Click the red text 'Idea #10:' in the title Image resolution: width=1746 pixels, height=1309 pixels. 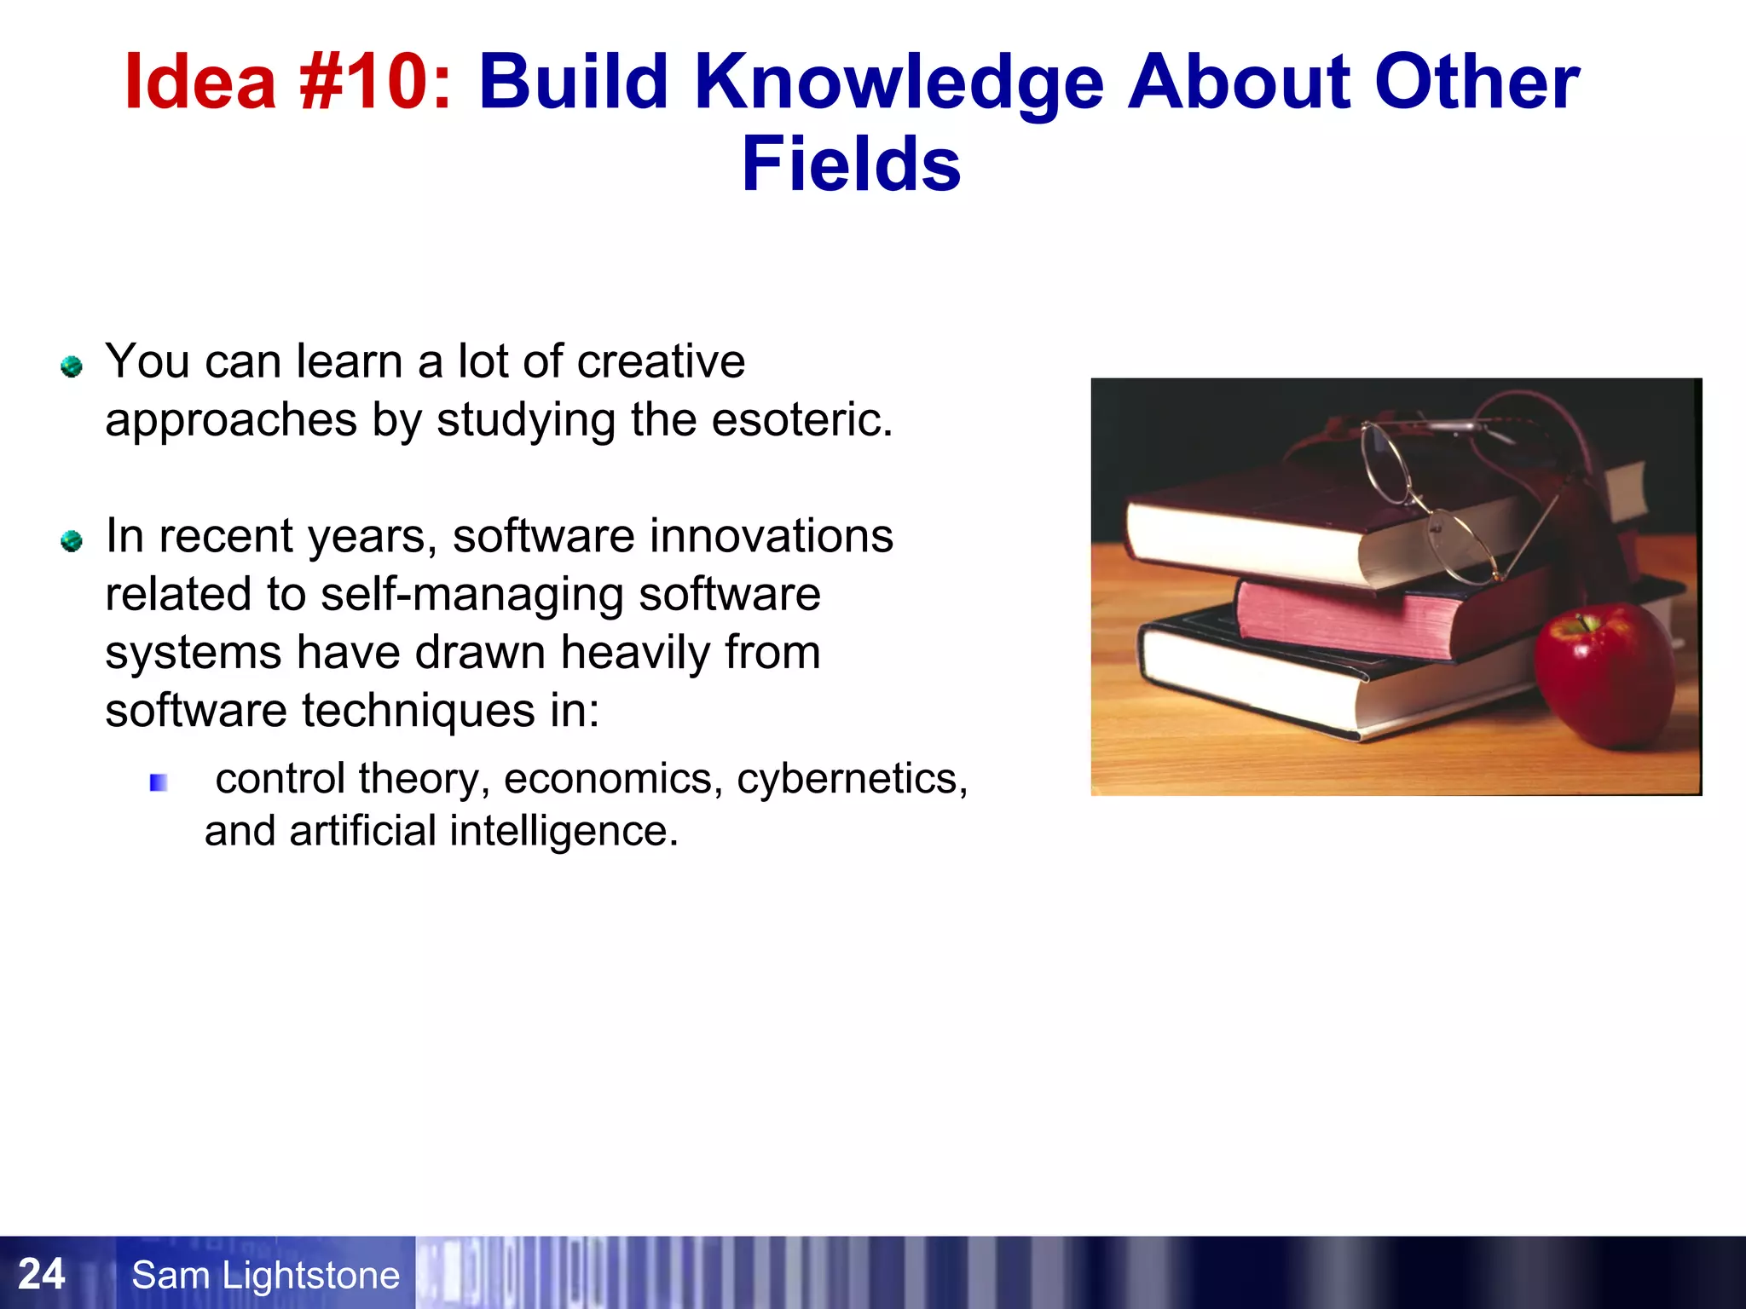[x=287, y=82]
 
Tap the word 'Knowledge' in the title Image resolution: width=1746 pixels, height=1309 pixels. [x=899, y=84]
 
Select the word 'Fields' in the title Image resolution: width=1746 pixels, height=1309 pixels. [x=851, y=164]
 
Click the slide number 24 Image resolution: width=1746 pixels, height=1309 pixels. [x=41, y=1274]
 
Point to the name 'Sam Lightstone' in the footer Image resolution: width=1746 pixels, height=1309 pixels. [x=265, y=1275]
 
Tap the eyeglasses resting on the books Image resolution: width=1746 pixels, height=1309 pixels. [x=1441, y=494]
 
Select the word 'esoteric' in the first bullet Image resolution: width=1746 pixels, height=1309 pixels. [x=801, y=419]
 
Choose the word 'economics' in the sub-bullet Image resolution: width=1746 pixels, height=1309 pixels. [x=608, y=778]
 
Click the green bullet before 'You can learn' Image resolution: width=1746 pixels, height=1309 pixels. [x=72, y=366]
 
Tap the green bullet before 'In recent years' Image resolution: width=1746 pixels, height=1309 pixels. [x=72, y=540]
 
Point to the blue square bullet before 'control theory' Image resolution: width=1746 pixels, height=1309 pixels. [x=159, y=782]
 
